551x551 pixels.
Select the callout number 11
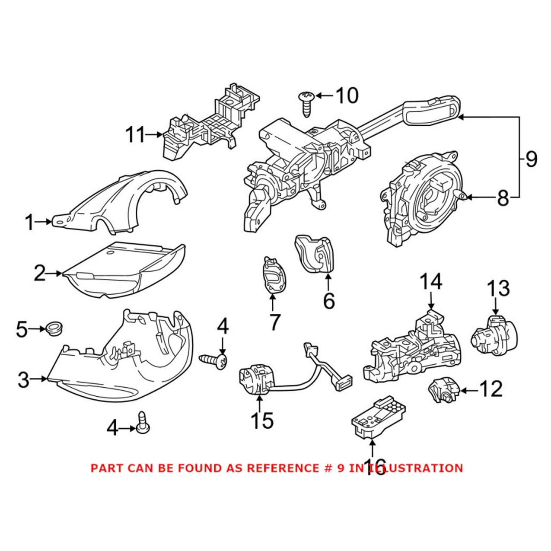[136, 135]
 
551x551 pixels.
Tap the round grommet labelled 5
[54, 328]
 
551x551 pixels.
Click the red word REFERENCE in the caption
[283, 468]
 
